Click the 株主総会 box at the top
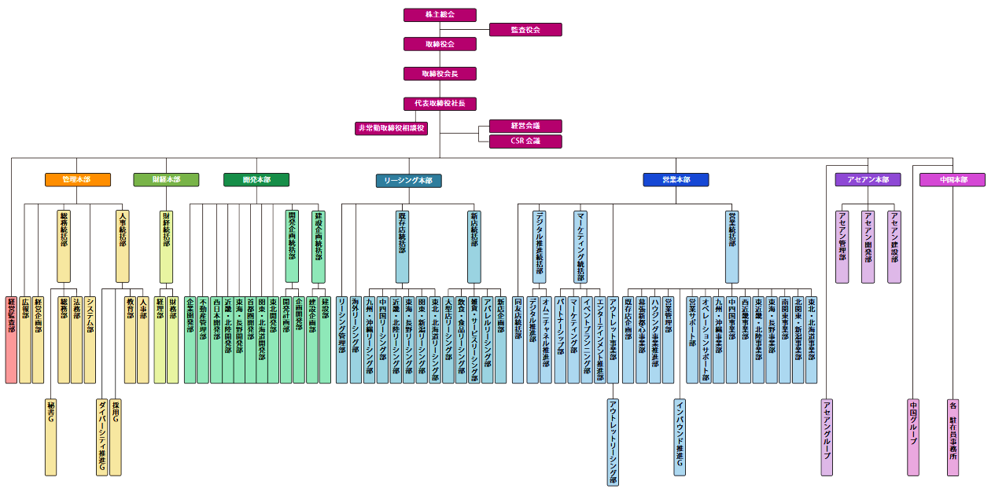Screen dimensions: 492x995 pos(440,15)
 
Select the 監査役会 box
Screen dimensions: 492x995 pos(525,30)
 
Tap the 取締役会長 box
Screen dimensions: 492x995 pos(440,74)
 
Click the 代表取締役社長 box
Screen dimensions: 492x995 pos(440,104)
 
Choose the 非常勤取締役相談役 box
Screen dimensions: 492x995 pos(391,128)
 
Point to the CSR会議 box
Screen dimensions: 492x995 pos(525,141)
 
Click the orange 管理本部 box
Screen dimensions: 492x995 pos(77,180)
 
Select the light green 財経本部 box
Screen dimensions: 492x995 pos(166,180)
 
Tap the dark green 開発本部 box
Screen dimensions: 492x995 pos(256,180)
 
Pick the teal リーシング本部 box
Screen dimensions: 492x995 pos(408,181)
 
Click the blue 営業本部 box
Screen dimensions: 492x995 pos(676,180)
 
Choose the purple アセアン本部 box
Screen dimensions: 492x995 pos(868,180)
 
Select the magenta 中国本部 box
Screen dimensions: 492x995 pos(953,180)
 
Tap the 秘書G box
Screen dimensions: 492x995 pos(51,437)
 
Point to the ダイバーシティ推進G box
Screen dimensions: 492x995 pos(102,437)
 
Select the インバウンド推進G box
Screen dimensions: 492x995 pos(680,437)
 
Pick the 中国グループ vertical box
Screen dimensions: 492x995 pos(913,437)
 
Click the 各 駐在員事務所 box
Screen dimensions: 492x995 pos(953,437)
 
